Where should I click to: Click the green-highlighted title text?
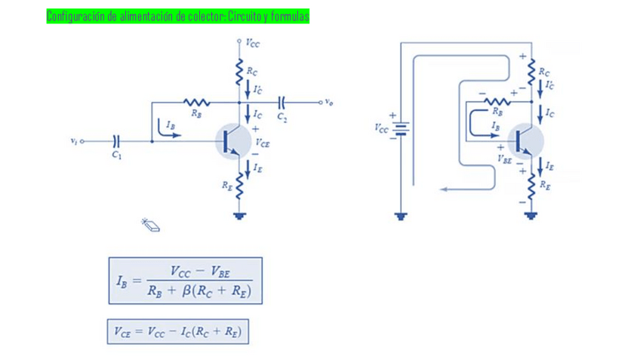(x=177, y=16)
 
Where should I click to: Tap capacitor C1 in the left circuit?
(x=116, y=141)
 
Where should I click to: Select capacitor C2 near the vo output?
(x=282, y=101)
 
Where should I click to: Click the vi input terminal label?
(x=73, y=141)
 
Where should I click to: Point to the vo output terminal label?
(x=329, y=101)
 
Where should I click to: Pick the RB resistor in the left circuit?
(x=196, y=102)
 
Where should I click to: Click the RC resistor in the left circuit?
(x=239, y=72)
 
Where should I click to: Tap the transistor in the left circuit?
(x=232, y=141)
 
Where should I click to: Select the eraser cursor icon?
(x=150, y=224)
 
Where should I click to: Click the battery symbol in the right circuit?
(x=402, y=128)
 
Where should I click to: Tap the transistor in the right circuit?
(x=525, y=140)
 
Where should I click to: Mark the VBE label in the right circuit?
(x=504, y=158)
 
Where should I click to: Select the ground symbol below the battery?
(x=402, y=217)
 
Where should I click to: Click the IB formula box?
(x=185, y=281)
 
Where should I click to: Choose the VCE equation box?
(x=178, y=331)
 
